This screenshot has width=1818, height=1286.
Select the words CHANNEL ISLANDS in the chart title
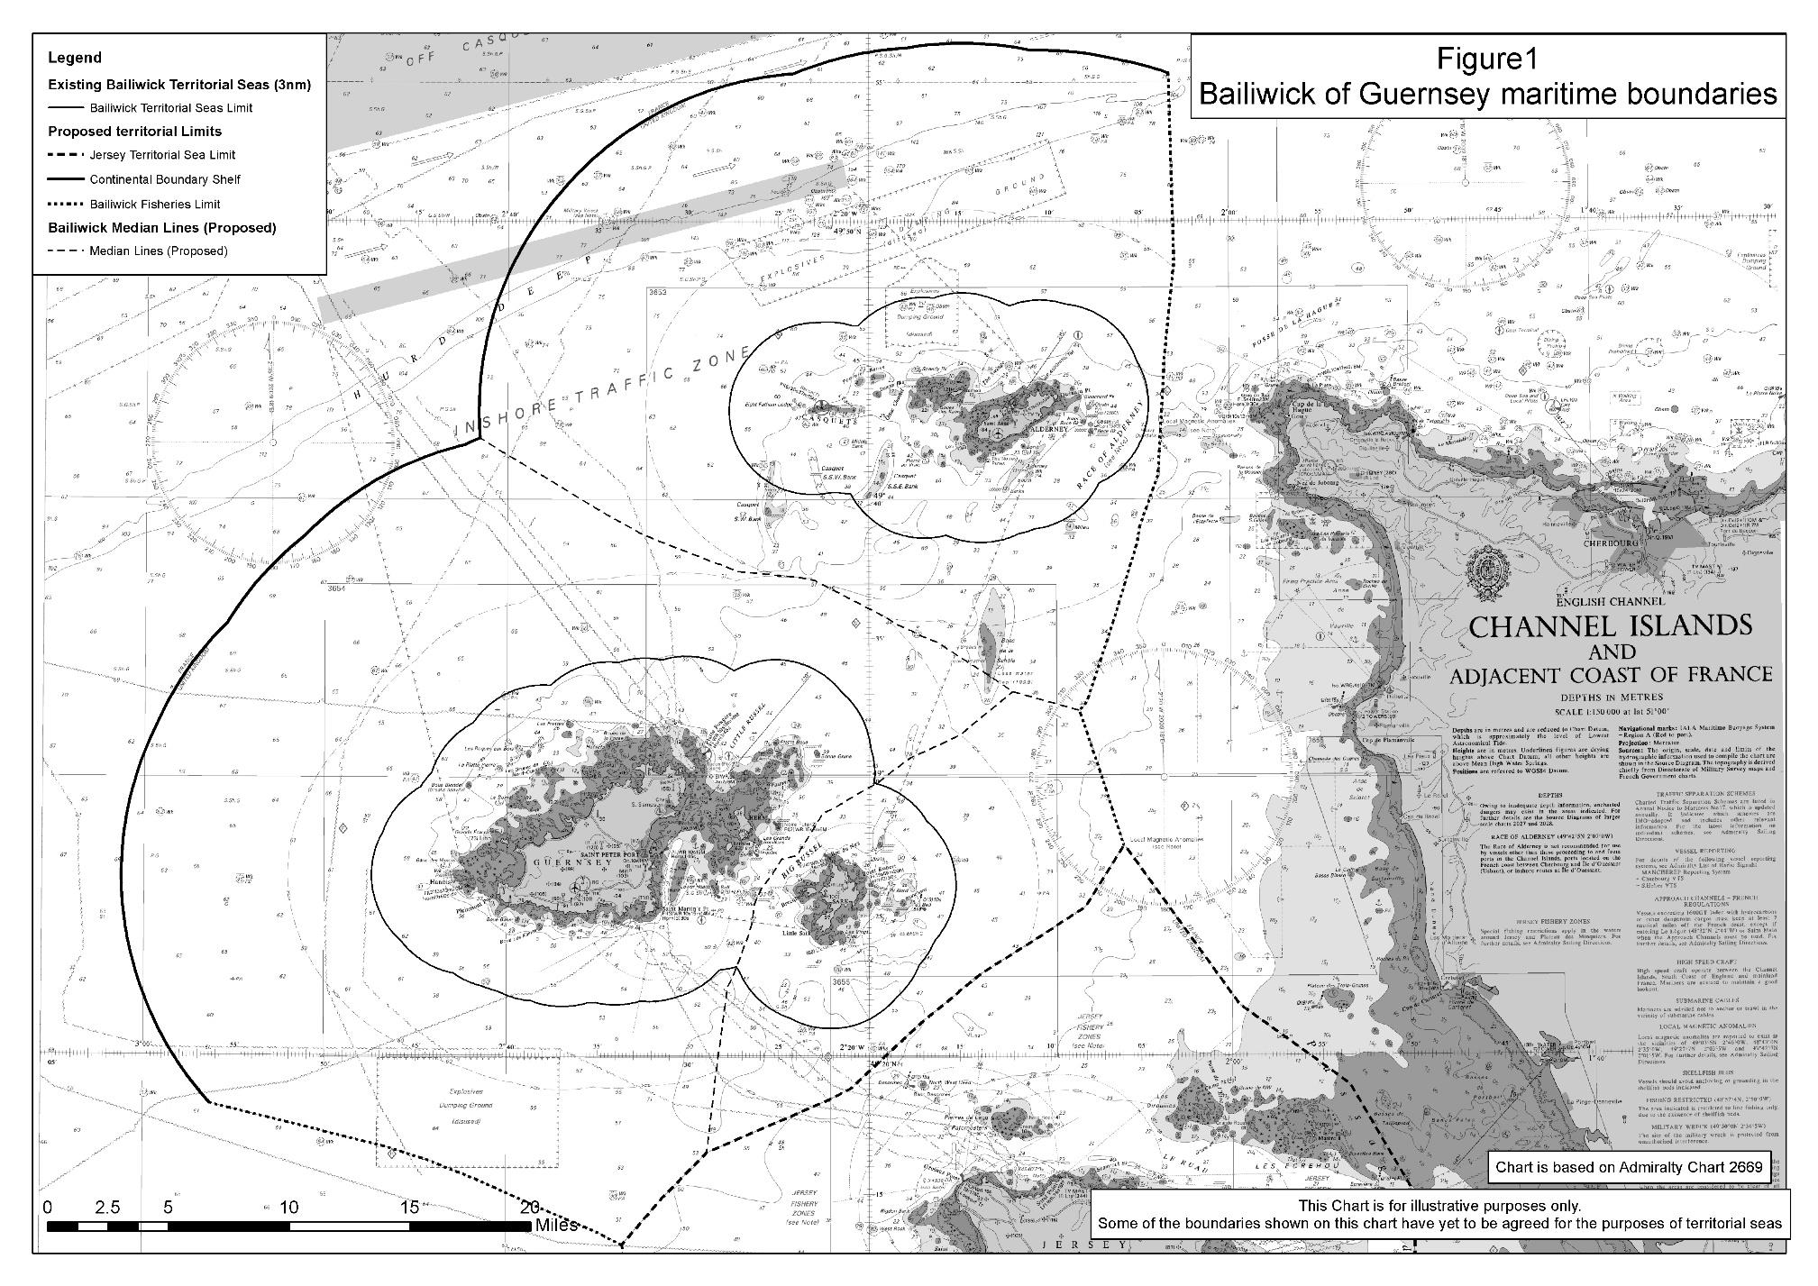(x=1610, y=626)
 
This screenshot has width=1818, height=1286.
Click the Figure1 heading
(x=1486, y=59)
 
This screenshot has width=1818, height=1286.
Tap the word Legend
(x=75, y=58)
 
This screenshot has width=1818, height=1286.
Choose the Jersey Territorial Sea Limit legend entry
(x=162, y=155)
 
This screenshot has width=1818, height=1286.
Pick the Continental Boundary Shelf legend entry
(x=165, y=179)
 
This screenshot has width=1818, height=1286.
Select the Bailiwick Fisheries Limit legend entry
(x=154, y=204)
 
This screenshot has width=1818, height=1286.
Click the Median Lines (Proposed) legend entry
(x=159, y=251)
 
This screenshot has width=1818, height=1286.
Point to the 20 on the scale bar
(x=530, y=1208)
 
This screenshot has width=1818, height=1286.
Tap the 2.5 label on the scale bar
(x=108, y=1208)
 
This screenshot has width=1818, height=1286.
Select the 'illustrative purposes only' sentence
(x=1439, y=1205)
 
